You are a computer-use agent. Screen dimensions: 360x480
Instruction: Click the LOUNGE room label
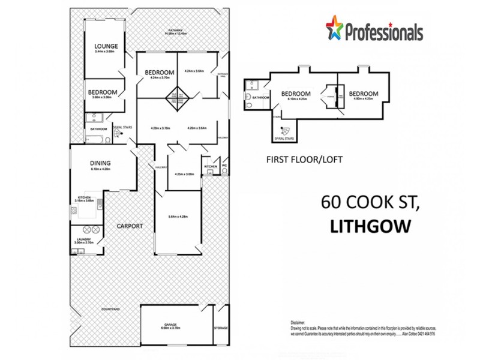106,46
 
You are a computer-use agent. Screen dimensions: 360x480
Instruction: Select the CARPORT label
130,226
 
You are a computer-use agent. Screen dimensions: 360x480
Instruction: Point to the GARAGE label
170,325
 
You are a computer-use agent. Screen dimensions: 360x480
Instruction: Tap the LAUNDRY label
83,239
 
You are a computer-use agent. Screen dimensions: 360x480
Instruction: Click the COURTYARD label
111,309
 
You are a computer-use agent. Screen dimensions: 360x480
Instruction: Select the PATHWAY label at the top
176,29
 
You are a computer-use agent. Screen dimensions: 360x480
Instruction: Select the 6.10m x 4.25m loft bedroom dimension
296,100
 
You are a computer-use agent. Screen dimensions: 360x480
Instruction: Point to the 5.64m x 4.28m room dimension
178,217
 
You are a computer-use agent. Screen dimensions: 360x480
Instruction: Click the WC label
224,166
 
